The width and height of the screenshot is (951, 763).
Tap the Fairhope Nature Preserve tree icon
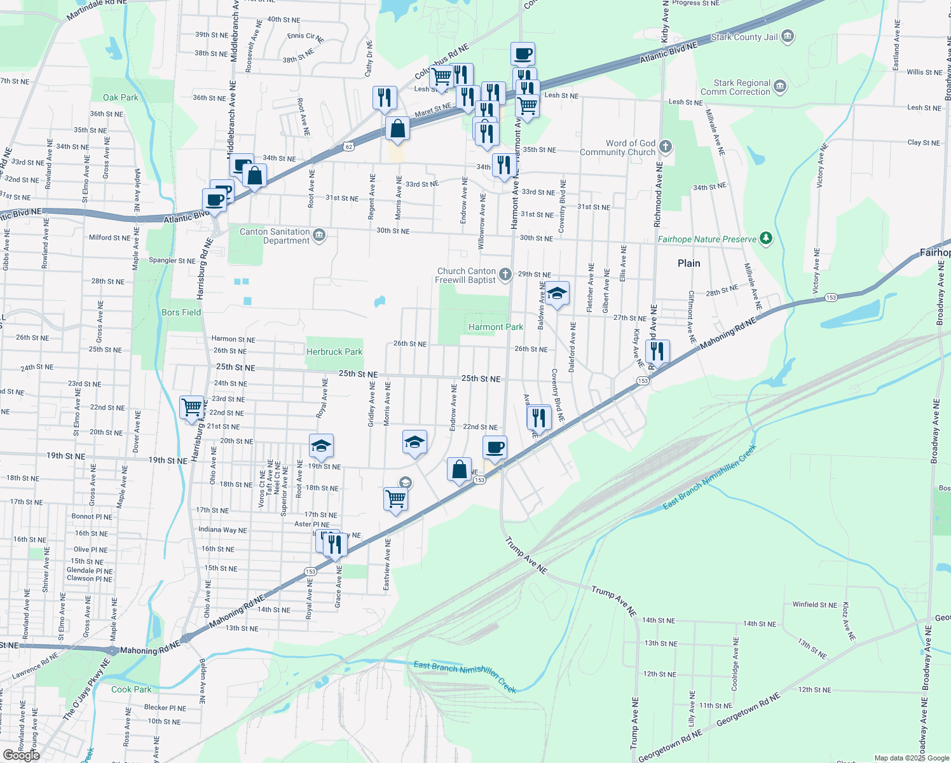click(766, 238)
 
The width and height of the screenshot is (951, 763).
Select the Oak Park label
click(120, 97)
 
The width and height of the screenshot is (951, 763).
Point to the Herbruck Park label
click(334, 352)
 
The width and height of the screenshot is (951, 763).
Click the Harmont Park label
click(496, 327)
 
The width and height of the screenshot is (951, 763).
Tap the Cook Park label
click(132, 689)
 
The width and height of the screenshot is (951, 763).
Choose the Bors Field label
click(181, 312)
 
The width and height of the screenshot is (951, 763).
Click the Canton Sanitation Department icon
click(319, 235)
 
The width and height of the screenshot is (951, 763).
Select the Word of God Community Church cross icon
click(666, 147)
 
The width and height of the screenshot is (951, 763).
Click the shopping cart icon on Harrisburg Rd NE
click(191, 406)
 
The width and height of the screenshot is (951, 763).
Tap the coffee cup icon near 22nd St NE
click(495, 447)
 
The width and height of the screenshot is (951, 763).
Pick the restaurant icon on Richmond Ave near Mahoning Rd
click(657, 350)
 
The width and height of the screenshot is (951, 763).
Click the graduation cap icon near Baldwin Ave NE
click(556, 292)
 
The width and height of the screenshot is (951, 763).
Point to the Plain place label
click(688, 263)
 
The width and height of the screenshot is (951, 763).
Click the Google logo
click(22, 755)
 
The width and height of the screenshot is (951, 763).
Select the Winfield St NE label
click(814, 605)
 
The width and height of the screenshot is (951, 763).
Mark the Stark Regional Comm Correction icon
click(780, 86)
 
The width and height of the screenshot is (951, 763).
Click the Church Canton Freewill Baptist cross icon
click(505, 275)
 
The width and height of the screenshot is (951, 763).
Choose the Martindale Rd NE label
click(97, 8)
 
